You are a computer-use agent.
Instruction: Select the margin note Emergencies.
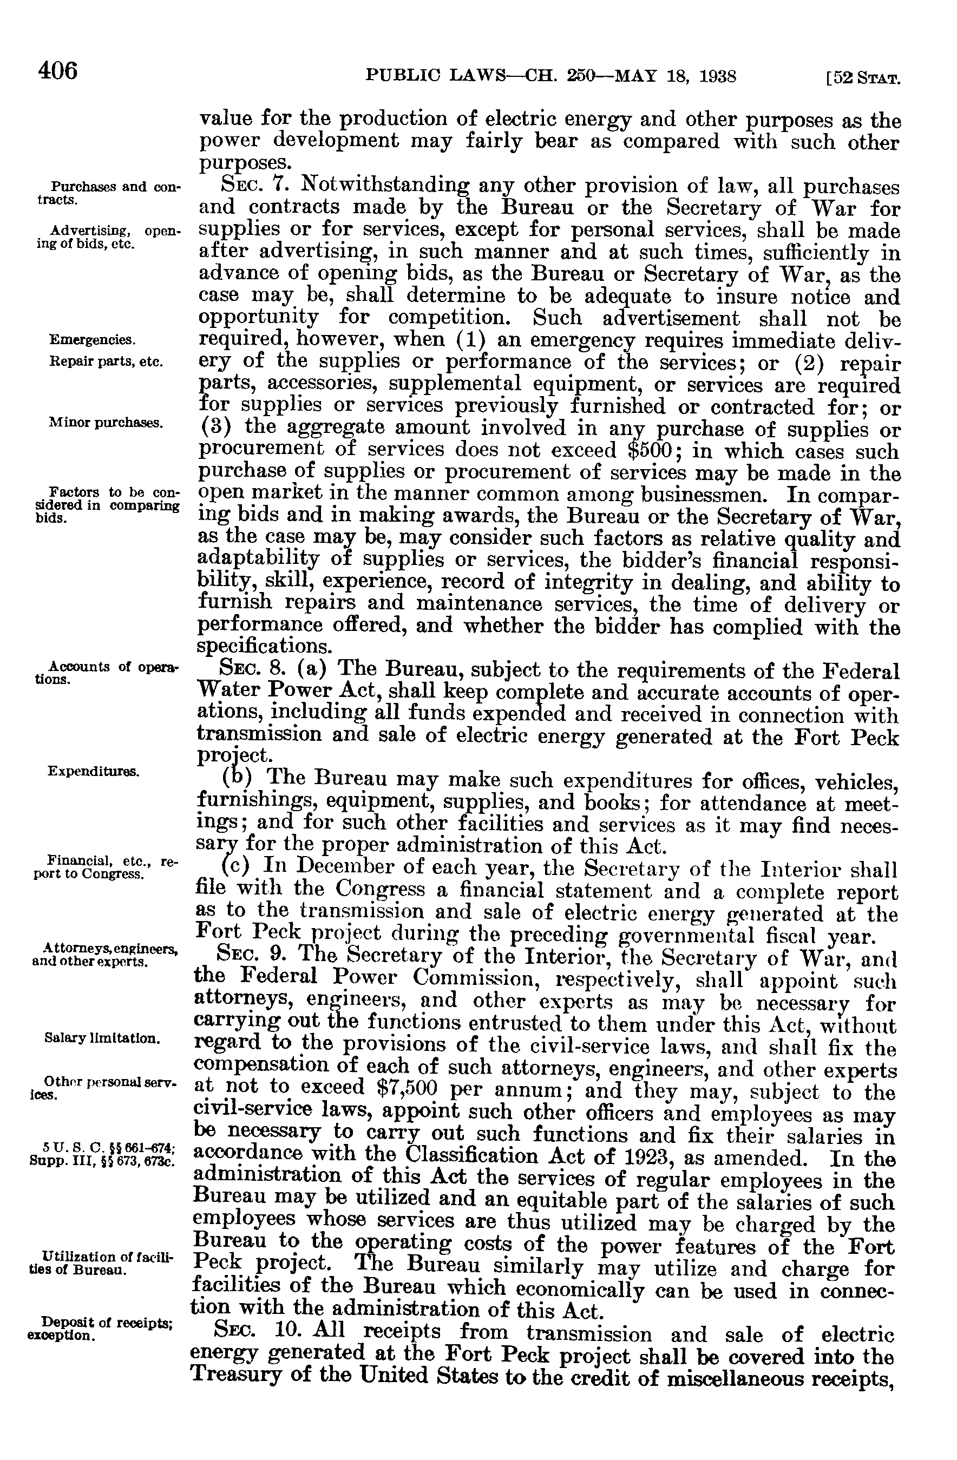pyautogui.click(x=92, y=339)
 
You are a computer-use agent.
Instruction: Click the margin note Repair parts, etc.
pyautogui.click(x=106, y=361)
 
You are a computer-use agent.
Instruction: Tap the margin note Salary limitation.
pyautogui.click(x=102, y=1038)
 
